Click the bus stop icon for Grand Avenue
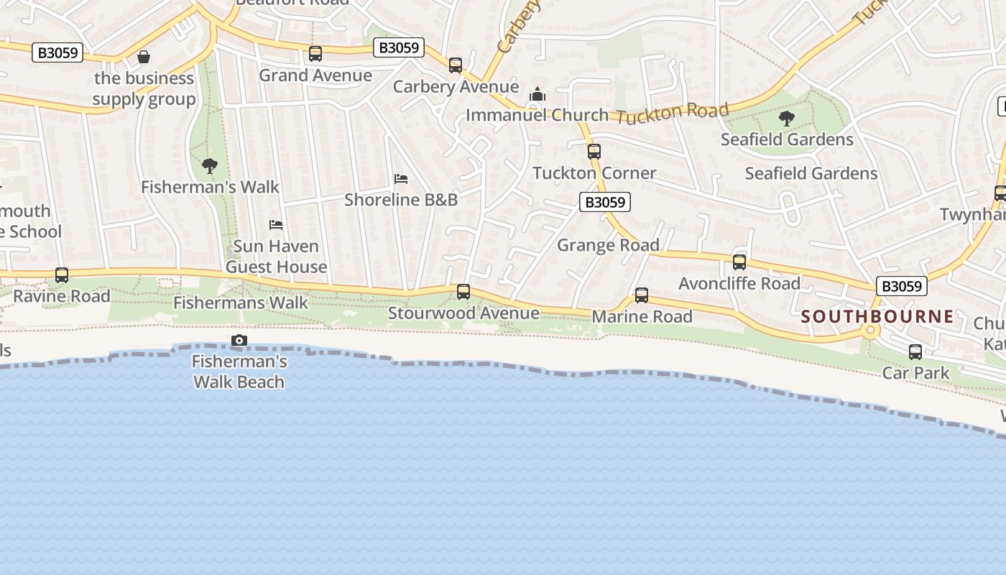(315, 54)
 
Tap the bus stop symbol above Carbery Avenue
(455, 65)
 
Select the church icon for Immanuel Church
(537, 94)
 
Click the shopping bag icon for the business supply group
(144, 56)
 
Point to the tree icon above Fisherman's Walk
(210, 166)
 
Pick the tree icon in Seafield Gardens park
(787, 119)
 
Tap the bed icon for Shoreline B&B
(401, 178)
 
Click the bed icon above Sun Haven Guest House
(276, 225)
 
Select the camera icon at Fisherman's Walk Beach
(239, 341)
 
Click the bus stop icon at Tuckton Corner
(594, 152)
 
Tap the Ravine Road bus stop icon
(62, 275)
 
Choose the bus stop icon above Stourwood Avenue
(463, 292)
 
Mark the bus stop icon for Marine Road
(642, 295)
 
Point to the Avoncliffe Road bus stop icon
(739, 262)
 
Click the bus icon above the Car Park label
(915, 352)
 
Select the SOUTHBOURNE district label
(877, 316)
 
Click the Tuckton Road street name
(672, 113)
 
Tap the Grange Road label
(609, 245)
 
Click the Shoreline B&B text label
(401, 199)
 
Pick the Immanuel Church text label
(537, 115)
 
